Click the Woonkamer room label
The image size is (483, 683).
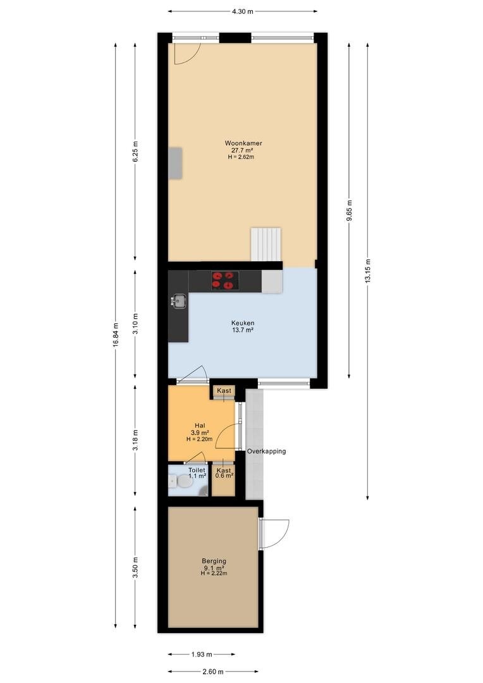coord(243,143)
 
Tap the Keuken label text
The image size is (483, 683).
coord(243,323)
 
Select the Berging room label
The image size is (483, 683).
coord(214,561)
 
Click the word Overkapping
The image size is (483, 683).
coord(267,452)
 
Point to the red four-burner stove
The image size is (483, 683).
coord(225,281)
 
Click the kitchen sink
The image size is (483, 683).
coord(178,300)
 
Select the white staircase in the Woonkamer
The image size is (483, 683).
coord(266,244)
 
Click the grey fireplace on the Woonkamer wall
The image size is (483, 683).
coord(175,163)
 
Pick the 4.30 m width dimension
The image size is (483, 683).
coord(243,12)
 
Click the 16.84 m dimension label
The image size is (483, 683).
coord(116,335)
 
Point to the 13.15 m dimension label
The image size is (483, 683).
coord(368,271)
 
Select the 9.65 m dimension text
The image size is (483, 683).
coord(350,210)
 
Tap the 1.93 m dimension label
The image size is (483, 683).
coord(202,655)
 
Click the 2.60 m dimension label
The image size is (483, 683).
coord(213,672)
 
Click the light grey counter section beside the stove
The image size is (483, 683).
coord(272,281)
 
